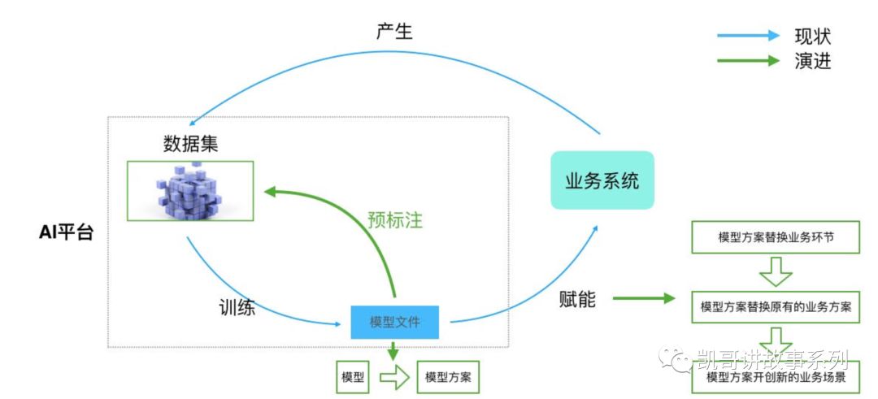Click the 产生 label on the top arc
pos(393,32)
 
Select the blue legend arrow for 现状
pos(747,36)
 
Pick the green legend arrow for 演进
pos(747,60)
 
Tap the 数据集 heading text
pos(191,144)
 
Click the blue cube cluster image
pos(189,191)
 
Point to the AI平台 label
pos(67,232)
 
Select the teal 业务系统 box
pos(602,180)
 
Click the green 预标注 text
pos(395,220)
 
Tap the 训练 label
pos(237,308)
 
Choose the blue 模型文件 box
pos(395,322)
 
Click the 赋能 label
pos(577,299)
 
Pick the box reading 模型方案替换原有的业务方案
pos(776,307)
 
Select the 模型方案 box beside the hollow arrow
pos(448,378)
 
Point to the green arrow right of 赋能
pos(643,298)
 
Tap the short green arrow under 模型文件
pos(394,350)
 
